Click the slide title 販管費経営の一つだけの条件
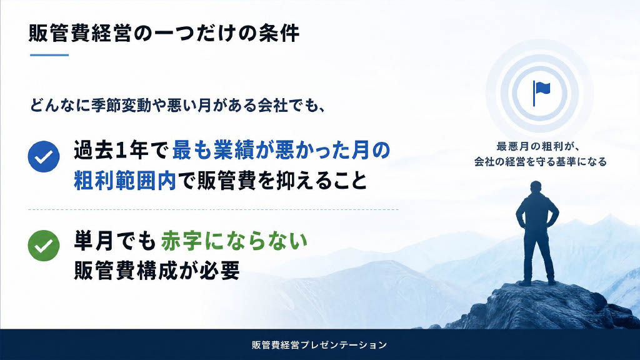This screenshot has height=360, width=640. pyautogui.click(x=164, y=33)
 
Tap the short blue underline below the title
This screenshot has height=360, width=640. pyautogui.click(x=49, y=55)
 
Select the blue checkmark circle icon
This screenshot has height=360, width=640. pyautogui.click(x=44, y=157)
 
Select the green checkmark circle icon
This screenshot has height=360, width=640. pyautogui.click(x=44, y=246)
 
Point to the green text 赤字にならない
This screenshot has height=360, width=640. pyautogui.click(x=234, y=241)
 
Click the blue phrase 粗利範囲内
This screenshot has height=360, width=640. pyautogui.click(x=125, y=181)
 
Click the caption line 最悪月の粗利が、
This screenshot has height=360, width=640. pyautogui.click(x=538, y=146)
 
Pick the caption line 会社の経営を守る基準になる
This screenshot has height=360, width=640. pyautogui.click(x=541, y=162)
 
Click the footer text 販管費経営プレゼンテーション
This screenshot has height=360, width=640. pyautogui.click(x=319, y=345)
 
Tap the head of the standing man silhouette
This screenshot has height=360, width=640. pyautogui.click(x=536, y=187)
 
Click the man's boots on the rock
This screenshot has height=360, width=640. pyautogui.click(x=537, y=282)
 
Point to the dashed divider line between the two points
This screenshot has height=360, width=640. pyautogui.click(x=213, y=209)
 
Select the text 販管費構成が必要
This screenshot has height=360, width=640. pyautogui.click(x=157, y=270)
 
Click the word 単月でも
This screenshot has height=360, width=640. pyautogui.click(x=115, y=241)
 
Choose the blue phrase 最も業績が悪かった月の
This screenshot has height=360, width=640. pyautogui.click(x=281, y=151)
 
